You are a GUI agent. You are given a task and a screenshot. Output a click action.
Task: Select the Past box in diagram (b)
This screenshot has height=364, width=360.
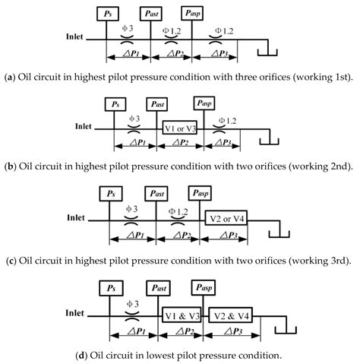pyautogui.click(x=156, y=104)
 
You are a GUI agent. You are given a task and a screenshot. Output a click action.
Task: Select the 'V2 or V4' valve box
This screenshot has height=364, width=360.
pyautogui.click(x=226, y=220)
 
